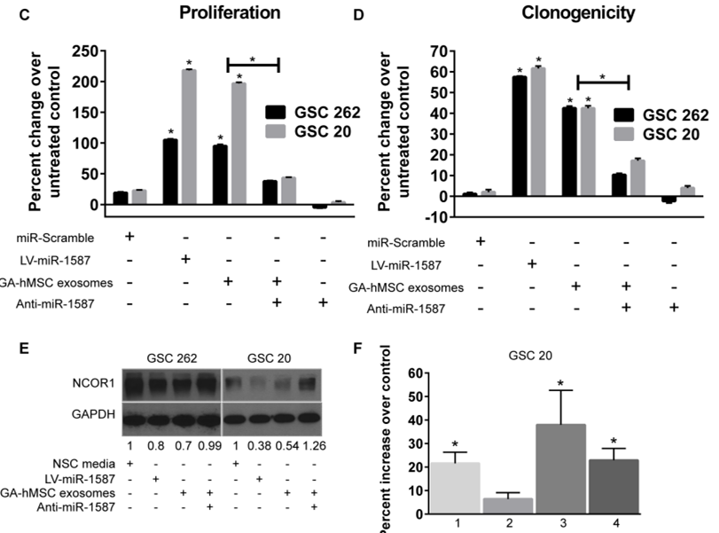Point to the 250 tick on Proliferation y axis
tap(97, 52)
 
